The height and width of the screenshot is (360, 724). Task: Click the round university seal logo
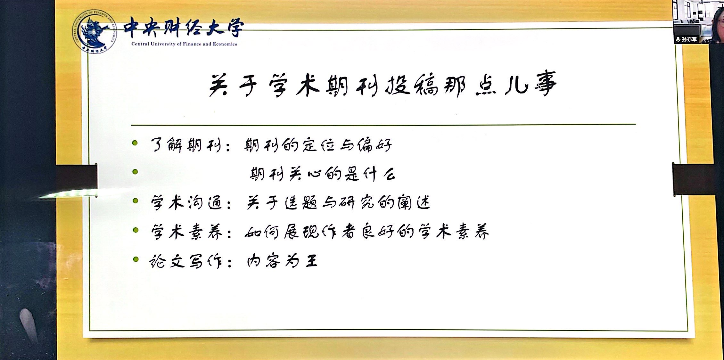pyautogui.click(x=95, y=32)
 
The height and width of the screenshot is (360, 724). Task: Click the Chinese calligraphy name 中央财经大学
pyautogui.click(x=184, y=28)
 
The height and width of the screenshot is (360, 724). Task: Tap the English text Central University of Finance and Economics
pyautogui.click(x=184, y=44)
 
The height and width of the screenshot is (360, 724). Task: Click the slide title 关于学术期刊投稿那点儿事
pyautogui.click(x=383, y=84)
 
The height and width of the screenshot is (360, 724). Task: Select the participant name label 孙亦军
pyautogui.click(x=689, y=40)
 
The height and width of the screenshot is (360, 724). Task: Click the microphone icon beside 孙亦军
pyautogui.click(x=678, y=40)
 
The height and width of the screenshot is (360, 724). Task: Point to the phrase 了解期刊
pyautogui.click(x=186, y=145)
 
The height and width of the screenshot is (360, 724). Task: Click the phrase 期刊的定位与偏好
pyautogui.click(x=318, y=145)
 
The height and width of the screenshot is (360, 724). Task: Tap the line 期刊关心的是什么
pyautogui.click(x=322, y=174)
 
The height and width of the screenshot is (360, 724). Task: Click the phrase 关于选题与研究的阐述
pyautogui.click(x=338, y=202)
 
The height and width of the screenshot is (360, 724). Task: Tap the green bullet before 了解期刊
pyautogui.click(x=135, y=143)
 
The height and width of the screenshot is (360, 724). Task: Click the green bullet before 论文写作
pyautogui.click(x=136, y=259)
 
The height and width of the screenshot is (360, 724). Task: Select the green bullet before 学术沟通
pyautogui.click(x=136, y=201)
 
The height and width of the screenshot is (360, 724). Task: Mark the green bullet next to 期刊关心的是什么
pyautogui.click(x=135, y=172)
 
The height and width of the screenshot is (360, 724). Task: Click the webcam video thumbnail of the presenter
pyautogui.click(x=698, y=22)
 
